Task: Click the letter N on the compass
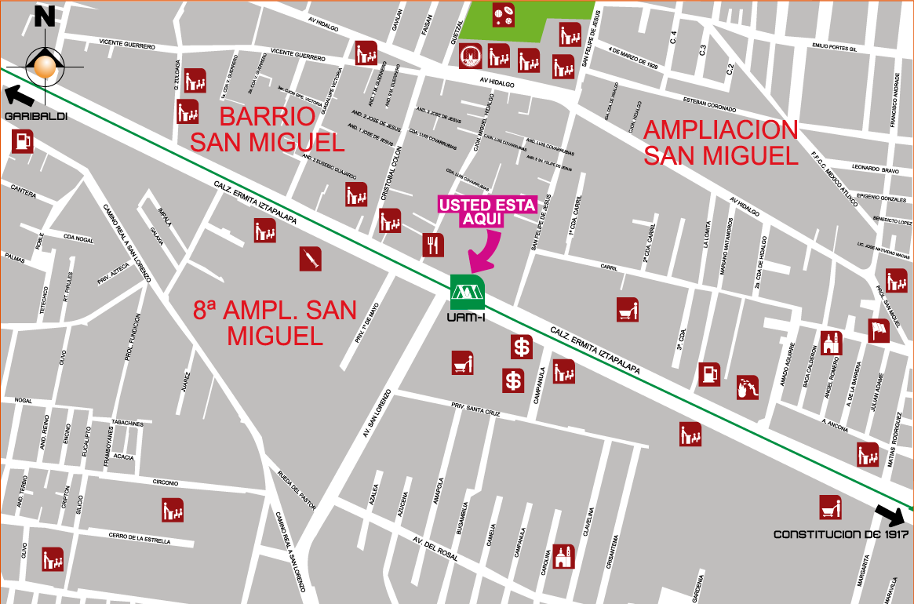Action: click(x=46, y=17)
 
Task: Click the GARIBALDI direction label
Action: click(x=35, y=116)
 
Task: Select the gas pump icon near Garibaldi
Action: click(x=23, y=141)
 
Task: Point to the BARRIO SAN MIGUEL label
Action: click(x=267, y=129)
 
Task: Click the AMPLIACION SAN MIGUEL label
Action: click(x=720, y=142)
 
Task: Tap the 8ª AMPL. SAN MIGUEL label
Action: click(x=275, y=322)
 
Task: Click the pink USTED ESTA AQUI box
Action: click(x=487, y=212)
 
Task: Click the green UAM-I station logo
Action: click(x=467, y=292)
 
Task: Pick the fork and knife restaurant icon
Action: click(x=433, y=245)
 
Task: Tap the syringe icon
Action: click(x=310, y=259)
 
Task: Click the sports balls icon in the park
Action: click(x=503, y=15)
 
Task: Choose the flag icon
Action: click(x=879, y=331)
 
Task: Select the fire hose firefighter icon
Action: click(x=748, y=387)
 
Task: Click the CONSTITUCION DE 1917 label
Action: click(x=840, y=534)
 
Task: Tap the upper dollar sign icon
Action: click(x=522, y=346)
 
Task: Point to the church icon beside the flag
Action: click(x=832, y=343)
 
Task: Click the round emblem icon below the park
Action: click(x=471, y=56)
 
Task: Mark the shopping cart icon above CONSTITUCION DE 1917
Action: click(x=831, y=508)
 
